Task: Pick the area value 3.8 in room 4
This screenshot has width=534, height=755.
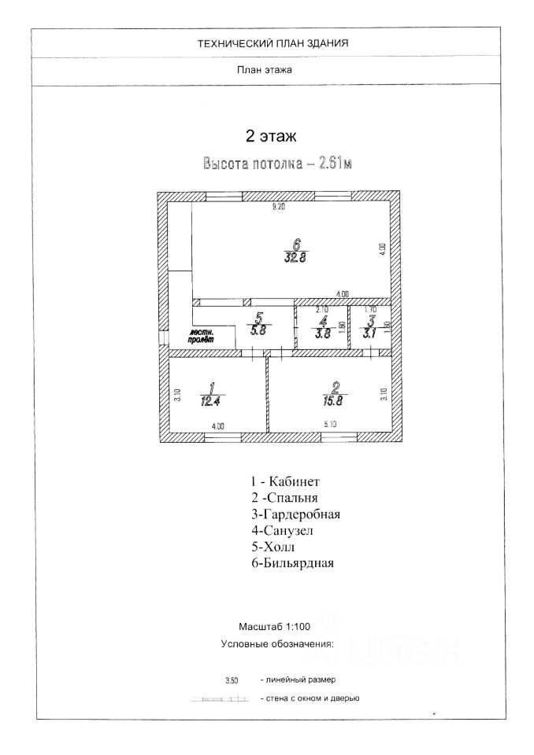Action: click(x=321, y=333)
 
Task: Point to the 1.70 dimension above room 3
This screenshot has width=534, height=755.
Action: click(x=369, y=309)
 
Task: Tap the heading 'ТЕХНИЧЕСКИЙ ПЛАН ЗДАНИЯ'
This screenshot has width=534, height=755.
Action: click(x=273, y=44)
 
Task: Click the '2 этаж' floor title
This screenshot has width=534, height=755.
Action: click(x=271, y=137)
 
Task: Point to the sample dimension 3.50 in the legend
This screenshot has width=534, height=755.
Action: click(x=232, y=679)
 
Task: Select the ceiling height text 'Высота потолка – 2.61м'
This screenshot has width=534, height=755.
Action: click(x=276, y=164)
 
